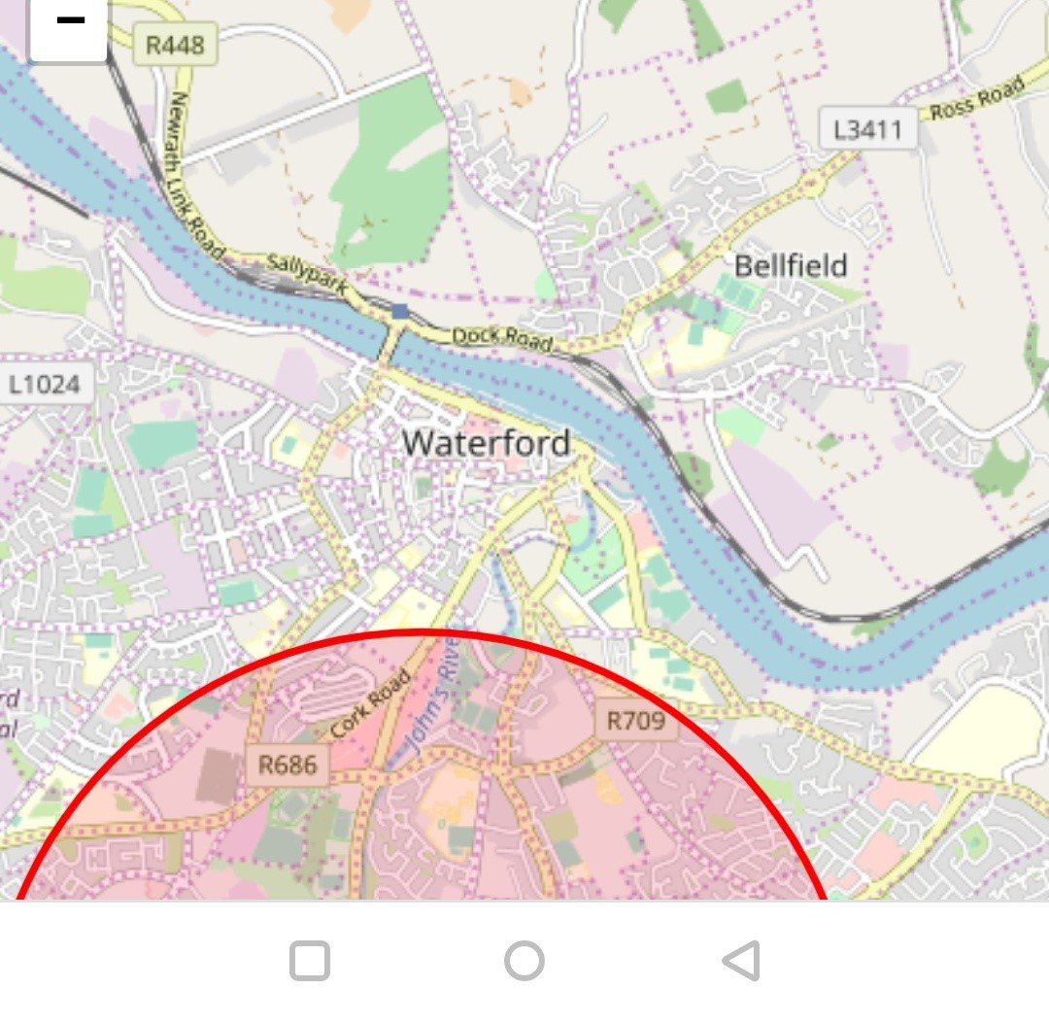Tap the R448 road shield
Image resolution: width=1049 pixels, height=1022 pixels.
[175, 45]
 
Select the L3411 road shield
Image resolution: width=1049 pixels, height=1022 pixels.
[867, 129]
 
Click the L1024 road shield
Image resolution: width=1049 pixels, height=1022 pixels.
[45, 385]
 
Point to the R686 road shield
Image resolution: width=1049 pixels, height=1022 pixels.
[288, 765]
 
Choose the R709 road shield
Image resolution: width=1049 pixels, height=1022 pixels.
[635, 720]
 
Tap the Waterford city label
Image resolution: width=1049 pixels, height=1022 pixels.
[487, 443]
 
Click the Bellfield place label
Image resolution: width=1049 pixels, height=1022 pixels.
[791, 266]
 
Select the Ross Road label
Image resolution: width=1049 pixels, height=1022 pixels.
[976, 99]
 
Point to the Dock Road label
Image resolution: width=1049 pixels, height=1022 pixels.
[502, 337]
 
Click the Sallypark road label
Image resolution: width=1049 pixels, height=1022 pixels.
[307, 273]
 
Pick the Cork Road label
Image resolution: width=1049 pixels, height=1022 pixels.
[370, 705]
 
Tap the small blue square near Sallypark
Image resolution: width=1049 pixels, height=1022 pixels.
[400, 311]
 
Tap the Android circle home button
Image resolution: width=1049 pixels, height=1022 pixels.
[524, 961]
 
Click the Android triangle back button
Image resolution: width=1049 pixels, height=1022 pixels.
[741, 961]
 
